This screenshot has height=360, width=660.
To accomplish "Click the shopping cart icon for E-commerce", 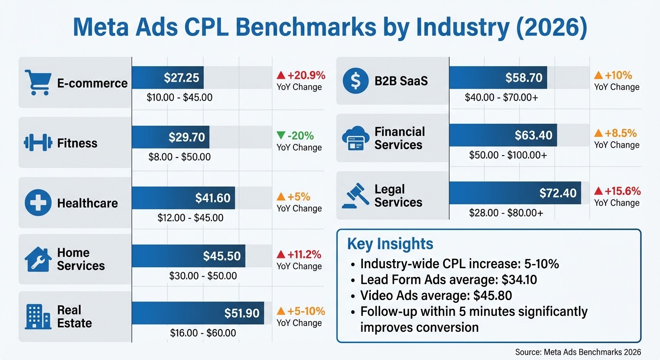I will click(x=37, y=82).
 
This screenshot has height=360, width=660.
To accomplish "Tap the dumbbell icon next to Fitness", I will click(x=37, y=142).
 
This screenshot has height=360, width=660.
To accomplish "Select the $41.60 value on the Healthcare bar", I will click(x=213, y=198).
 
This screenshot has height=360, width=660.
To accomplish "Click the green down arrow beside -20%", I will click(x=281, y=135).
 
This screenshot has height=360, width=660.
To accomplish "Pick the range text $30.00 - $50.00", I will click(x=203, y=276).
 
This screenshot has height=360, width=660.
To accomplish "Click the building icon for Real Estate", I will click(x=37, y=317).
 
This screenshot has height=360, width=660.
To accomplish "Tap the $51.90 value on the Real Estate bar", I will click(x=242, y=313).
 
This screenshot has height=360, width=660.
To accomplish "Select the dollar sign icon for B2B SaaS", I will click(x=355, y=81).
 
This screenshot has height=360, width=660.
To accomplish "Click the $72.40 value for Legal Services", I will click(x=558, y=193).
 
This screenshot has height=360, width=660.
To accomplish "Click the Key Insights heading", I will click(x=390, y=244).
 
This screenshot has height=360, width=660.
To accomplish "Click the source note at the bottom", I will click(x=577, y=352).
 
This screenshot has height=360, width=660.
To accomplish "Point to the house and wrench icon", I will click(x=37, y=259).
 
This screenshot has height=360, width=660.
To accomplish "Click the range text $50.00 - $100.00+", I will click(x=508, y=155).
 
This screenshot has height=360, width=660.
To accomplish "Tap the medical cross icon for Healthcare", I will click(x=37, y=203).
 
